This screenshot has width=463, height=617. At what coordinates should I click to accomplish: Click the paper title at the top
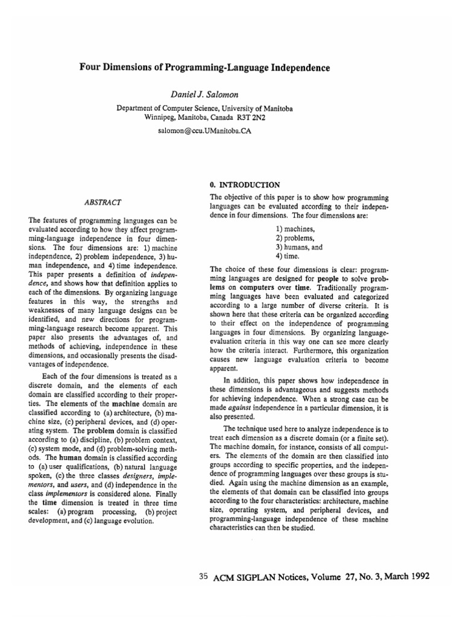coord(205,68)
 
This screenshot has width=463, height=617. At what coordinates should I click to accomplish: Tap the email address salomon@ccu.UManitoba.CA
coord(205,130)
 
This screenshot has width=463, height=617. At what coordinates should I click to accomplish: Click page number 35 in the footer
coord(203,576)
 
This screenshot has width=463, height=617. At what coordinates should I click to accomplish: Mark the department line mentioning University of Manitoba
coord(205,108)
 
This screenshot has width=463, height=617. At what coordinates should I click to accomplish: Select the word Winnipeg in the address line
coord(162,117)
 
